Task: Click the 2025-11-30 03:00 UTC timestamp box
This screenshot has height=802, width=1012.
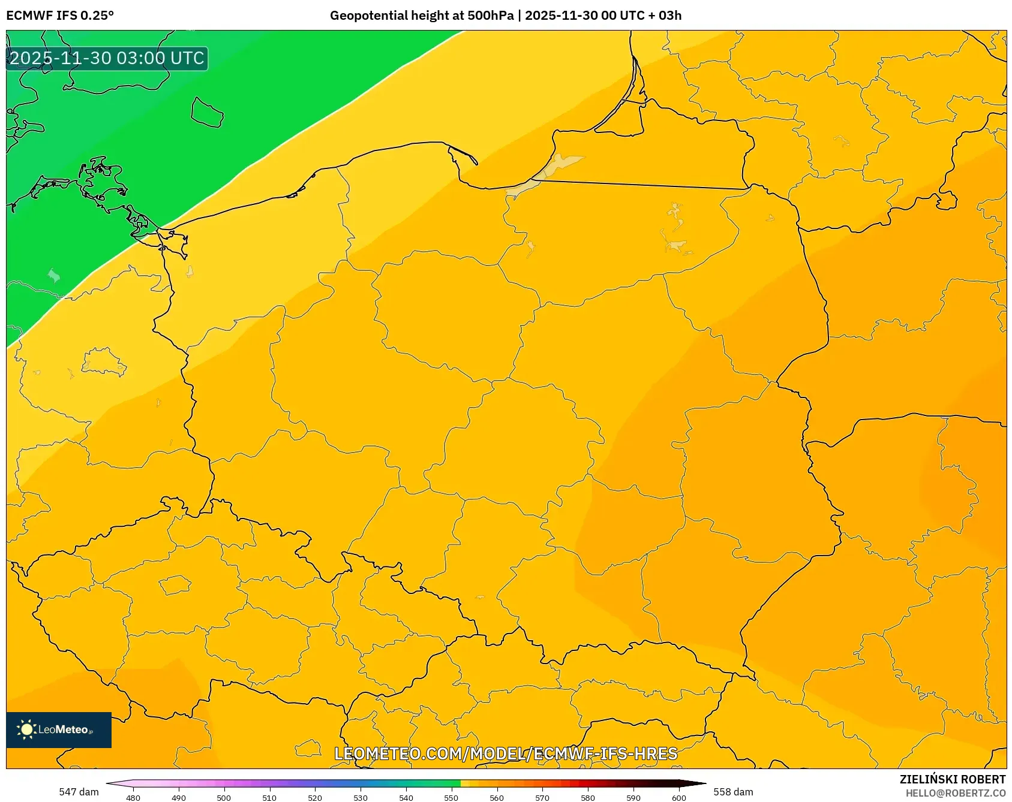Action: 107,58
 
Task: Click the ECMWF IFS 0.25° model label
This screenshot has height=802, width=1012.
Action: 60,16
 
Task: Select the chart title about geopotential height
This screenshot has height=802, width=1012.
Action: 505,16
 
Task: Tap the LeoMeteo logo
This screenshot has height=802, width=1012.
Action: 59,729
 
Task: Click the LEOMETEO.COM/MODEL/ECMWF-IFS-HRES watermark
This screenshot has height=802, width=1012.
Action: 506,753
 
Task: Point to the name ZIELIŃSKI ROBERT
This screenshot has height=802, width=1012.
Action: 952,779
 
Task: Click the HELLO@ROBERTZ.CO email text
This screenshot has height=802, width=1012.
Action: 955,793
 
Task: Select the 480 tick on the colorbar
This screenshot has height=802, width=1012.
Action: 133,797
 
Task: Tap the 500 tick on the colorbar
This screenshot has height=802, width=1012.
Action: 224,797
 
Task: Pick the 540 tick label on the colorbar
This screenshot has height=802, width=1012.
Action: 406,797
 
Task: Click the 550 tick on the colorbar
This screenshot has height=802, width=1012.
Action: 451,797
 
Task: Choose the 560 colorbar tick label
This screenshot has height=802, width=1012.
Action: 497,797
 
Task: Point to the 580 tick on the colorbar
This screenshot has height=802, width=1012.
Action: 588,797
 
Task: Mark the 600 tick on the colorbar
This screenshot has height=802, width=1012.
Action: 679,797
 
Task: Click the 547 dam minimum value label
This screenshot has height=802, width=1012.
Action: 79,792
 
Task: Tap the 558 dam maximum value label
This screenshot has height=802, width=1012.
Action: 733,792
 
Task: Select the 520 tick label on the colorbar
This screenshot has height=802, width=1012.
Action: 315,797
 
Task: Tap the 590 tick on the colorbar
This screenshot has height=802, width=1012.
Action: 633,797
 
